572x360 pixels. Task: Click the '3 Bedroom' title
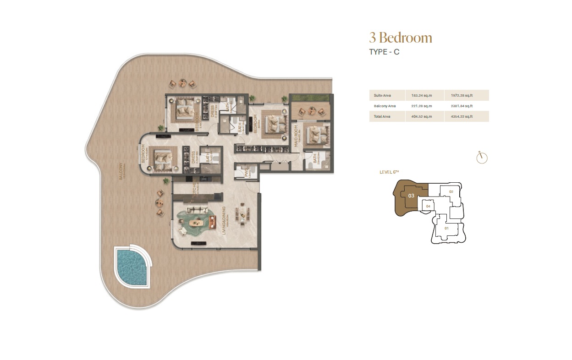coord(401,38)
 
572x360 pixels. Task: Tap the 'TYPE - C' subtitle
coord(384,52)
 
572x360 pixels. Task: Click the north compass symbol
coord(482,158)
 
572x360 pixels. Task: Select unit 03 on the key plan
coord(411,196)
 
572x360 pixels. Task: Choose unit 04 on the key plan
coord(428,206)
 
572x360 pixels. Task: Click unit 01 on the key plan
coord(446,228)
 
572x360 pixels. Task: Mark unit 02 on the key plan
coord(451,191)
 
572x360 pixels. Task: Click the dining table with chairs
coord(242,214)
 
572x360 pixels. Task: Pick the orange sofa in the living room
coord(212,222)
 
